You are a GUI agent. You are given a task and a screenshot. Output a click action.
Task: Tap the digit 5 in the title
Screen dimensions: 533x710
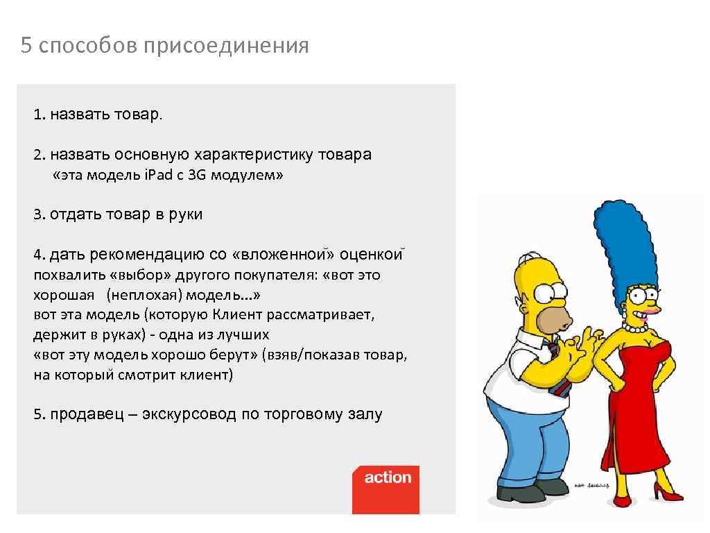[x=26, y=46]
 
